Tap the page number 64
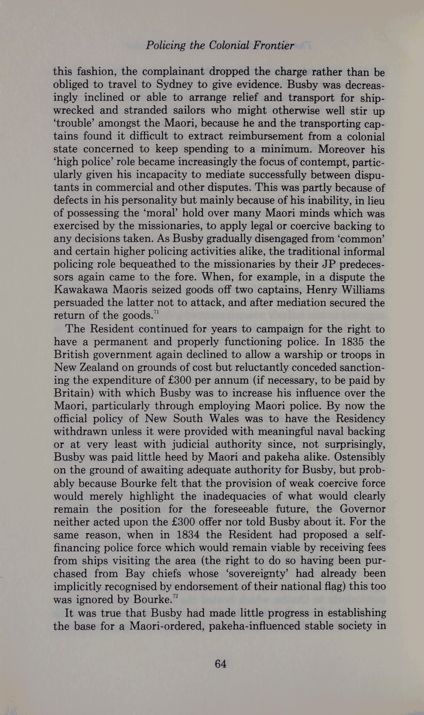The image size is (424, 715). pyautogui.click(x=221, y=664)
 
